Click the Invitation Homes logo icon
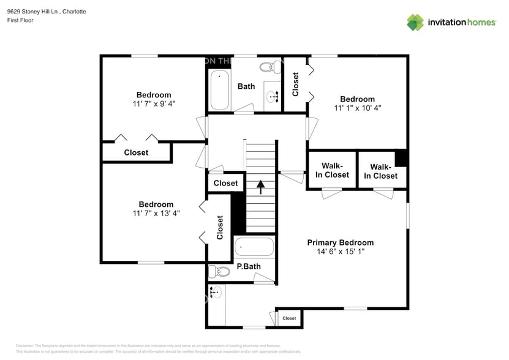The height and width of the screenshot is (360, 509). tap(415, 22)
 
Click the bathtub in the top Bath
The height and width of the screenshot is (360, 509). tap(218, 91)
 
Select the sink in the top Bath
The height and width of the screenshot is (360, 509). tap(273, 96)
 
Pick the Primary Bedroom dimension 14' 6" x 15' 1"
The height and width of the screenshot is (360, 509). tap(340, 252)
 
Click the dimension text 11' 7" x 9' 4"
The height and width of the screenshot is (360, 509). tap(154, 105)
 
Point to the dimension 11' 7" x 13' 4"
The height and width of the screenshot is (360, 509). tap(156, 214)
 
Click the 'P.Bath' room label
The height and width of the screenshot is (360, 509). tap(249, 266)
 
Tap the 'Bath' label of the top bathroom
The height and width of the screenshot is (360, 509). tap(246, 86)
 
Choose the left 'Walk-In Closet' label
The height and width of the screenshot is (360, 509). tap(332, 170)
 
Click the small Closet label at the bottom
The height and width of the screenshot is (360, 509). tap(289, 318)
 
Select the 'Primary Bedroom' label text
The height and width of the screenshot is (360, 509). tap(340, 242)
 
